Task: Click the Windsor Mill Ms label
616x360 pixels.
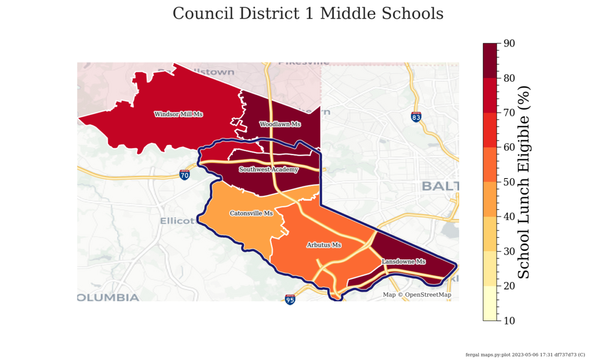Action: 178,115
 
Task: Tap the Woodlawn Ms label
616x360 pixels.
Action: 280,124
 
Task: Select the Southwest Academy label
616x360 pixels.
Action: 269,170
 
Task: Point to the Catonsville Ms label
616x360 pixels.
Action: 251,213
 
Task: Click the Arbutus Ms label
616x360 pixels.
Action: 324,245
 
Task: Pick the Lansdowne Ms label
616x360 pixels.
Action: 404,262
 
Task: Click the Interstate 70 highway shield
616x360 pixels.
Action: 184,175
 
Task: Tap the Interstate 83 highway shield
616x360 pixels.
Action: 416,117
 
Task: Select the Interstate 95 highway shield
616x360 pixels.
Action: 290,299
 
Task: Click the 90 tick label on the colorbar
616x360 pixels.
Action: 509,43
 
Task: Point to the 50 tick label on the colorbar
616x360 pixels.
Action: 509,182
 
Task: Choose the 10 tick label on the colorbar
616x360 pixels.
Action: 509,321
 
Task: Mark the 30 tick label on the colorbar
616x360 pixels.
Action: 509,251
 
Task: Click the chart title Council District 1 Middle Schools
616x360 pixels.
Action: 308,13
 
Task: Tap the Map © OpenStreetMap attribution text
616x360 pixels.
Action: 417,295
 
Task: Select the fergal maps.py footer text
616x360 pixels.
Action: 525,355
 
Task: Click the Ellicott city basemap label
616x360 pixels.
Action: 177,221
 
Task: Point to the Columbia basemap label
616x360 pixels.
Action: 108,297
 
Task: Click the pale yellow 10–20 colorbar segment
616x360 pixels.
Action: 490,303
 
